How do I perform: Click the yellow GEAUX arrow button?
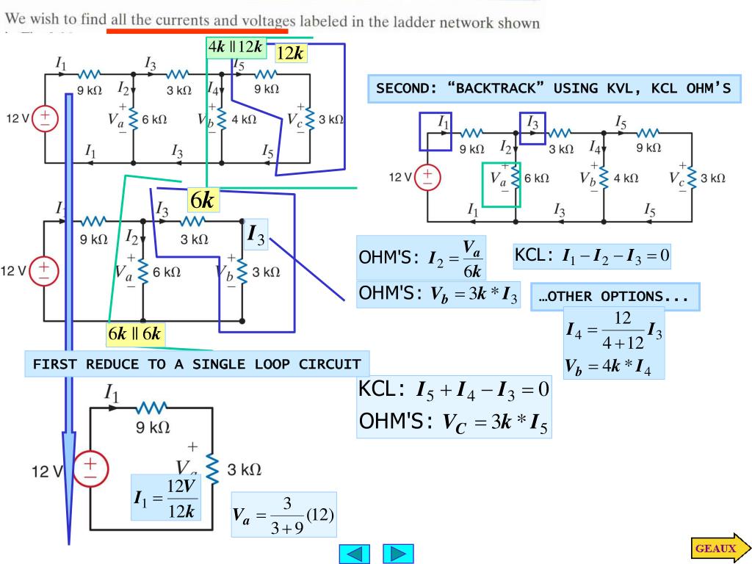click(x=720, y=549)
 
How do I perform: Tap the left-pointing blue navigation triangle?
click(x=353, y=553)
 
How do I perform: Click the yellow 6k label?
click(x=203, y=200)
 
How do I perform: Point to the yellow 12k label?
click(x=291, y=52)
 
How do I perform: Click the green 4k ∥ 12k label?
click(x=235, y=47)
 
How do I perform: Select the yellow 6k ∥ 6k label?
click(x=134, y=334)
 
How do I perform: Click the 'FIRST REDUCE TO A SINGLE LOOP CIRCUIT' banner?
click(x=197, y=364)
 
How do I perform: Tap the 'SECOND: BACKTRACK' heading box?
click(x=554, y=89)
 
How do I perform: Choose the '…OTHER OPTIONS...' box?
click(x=614, y=297)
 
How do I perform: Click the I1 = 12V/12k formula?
click(x=166, y=499)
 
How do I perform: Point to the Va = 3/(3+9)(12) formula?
click(x=283, y=515)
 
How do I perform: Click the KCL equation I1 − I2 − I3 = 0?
click(x=592, y=256)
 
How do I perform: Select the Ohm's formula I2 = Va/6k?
click(x=421, y=258)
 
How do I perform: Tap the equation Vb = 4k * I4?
click(x=613, y=366)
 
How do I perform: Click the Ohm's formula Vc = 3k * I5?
click(x=454, y=422)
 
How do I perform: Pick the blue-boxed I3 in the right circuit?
click(x=532, y=128)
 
